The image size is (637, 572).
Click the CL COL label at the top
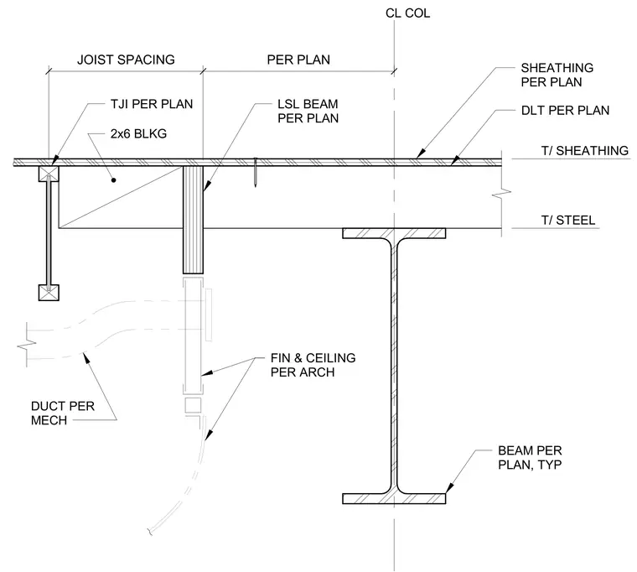click(407, 13)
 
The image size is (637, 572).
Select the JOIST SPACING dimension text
click(126, 60)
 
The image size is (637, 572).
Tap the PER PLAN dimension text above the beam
click(298, 60)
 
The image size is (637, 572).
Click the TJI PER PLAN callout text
click(152, 104)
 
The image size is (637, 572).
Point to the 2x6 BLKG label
click(138, 133)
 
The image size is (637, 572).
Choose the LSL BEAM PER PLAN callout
click(308, 111)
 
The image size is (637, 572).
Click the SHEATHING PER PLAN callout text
click(557, 75)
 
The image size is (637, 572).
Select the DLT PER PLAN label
click(565, 111)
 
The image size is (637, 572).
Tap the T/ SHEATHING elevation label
click(584, 151)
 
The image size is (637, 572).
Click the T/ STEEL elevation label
click(568, 221)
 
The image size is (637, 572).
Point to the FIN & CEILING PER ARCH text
click(313, 365)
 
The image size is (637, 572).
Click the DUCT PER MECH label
click(63, 413)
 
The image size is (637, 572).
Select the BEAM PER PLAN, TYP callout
click(530, 457)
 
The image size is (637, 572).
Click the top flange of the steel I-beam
click(394, 233)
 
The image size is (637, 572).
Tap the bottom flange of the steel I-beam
click(394, 498)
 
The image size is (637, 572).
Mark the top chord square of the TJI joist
click(49, 174)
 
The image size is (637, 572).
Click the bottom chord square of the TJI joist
click(49, 293)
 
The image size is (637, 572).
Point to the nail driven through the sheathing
click(255, 173)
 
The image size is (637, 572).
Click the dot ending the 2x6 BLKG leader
click(114, 179)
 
